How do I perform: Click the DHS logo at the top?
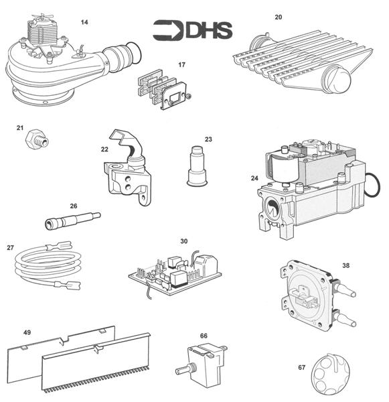pos(192,29)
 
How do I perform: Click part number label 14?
pos(84,22)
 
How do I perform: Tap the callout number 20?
pos(279,17)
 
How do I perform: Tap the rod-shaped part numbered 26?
pos(73,219)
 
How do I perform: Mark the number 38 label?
pos(346,265)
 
